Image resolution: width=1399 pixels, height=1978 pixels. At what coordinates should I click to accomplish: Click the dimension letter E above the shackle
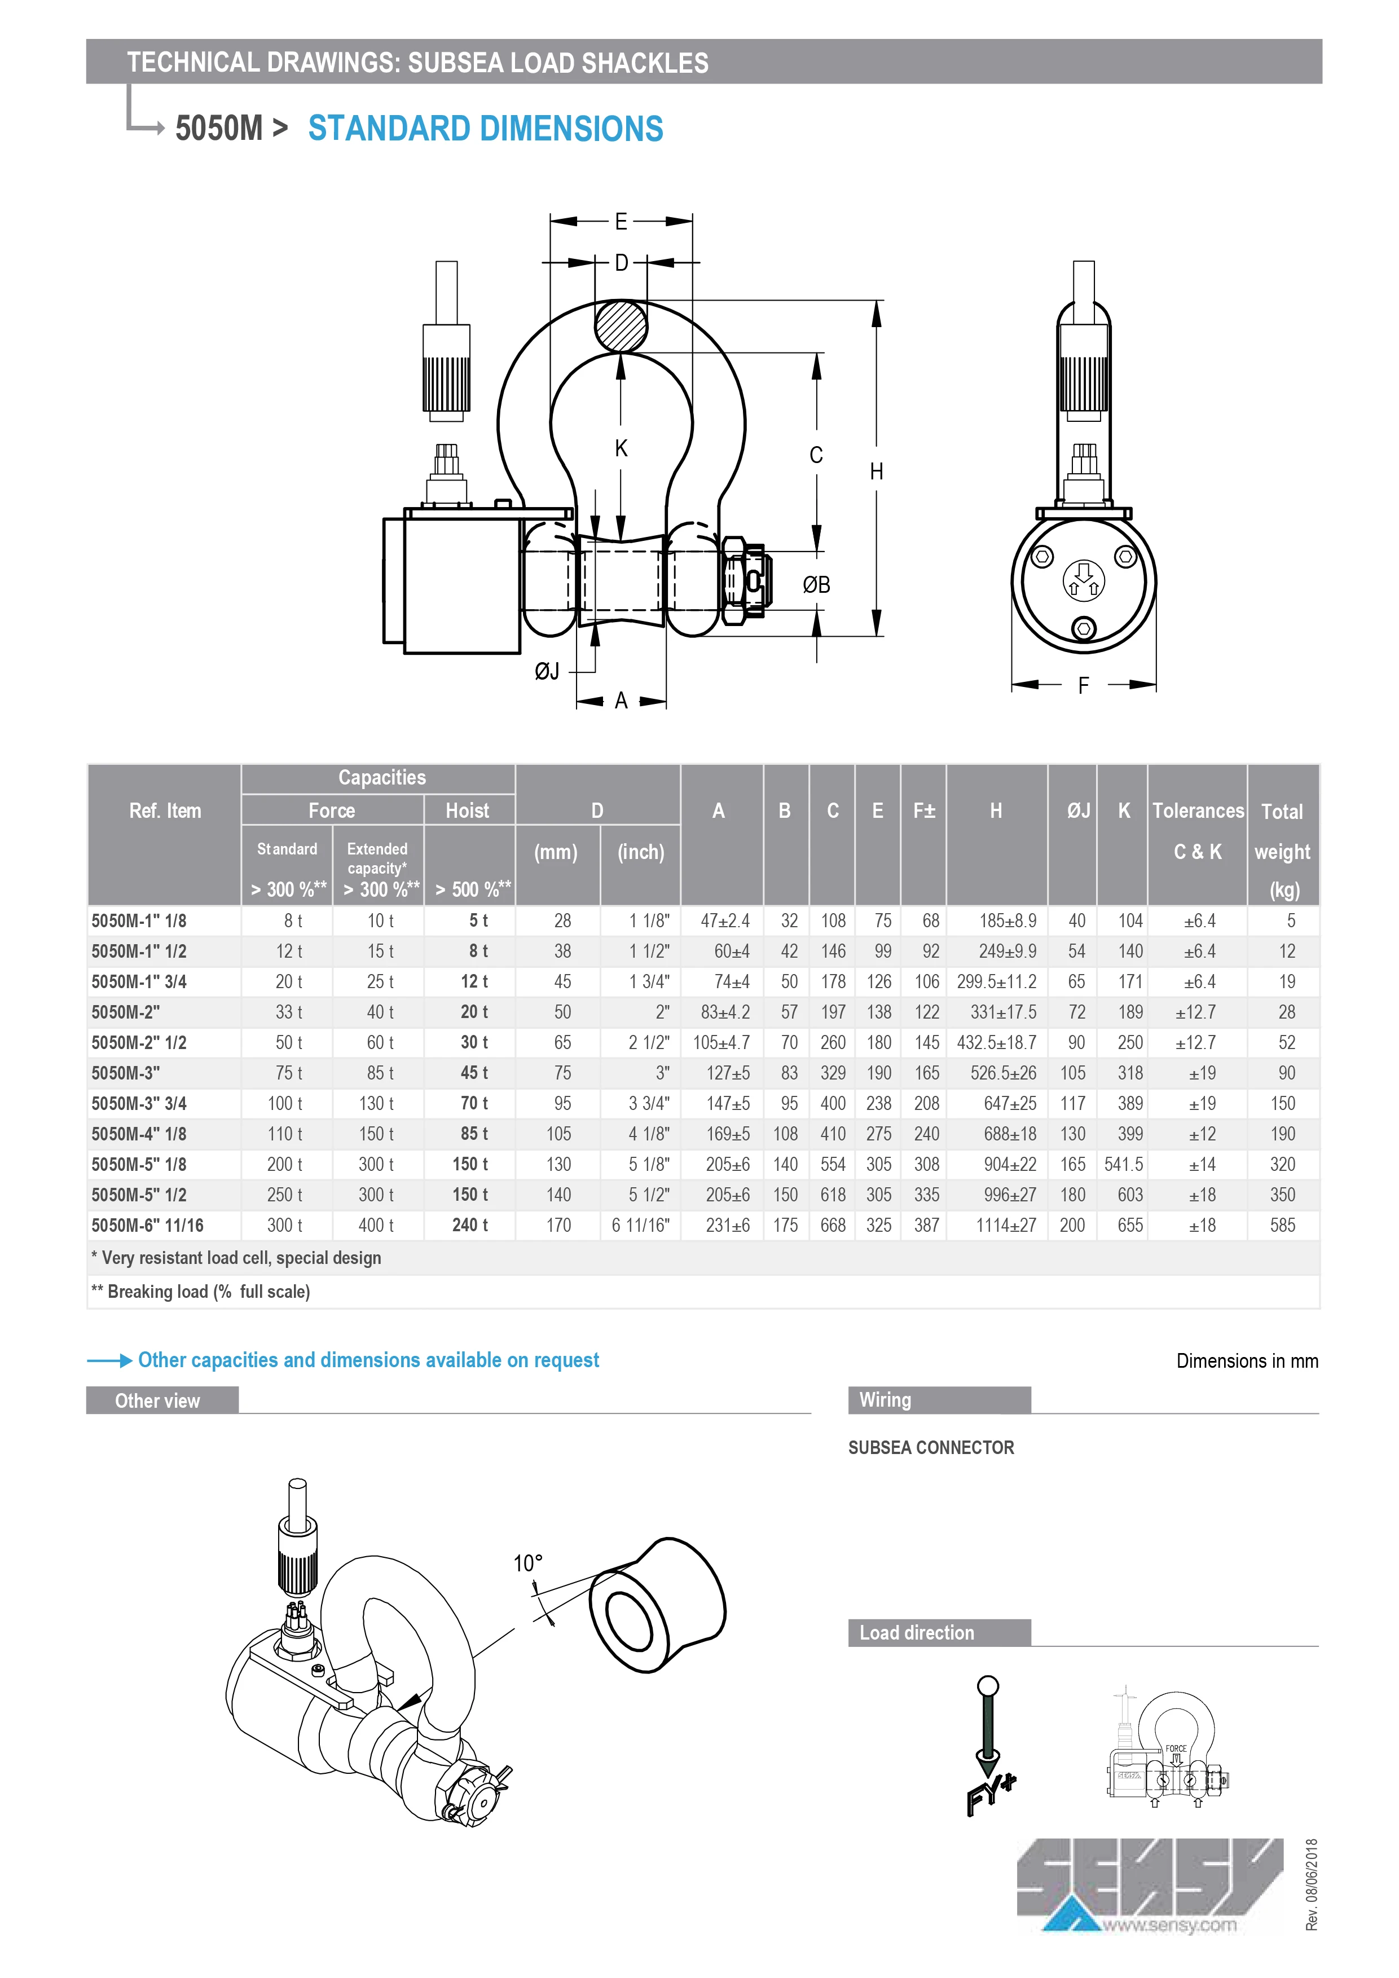[621, 222]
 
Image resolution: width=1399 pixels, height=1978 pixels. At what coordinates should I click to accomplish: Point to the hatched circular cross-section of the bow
[621, 325]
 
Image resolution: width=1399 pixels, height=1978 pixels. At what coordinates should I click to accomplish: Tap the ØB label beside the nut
[816, 585]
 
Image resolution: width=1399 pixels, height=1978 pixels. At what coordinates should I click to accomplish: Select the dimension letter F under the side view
[1083, 686]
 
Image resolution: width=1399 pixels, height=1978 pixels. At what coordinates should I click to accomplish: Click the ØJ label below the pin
[547, 671]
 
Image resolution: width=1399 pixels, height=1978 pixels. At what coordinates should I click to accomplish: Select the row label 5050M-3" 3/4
[139, 1104]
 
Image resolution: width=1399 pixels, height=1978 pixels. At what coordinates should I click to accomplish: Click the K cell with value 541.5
[1123, 1165]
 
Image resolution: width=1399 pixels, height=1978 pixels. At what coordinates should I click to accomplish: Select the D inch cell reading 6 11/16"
[640, 1225]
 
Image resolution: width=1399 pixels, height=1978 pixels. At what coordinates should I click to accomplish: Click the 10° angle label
[527, 1563]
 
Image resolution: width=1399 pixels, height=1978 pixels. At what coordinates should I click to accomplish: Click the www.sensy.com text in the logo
[1169, 1926]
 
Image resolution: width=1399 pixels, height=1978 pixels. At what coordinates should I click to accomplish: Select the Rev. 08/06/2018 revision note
[1311, 1884]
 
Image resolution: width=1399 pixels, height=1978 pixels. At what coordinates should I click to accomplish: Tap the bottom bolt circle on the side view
[1084, 629]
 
